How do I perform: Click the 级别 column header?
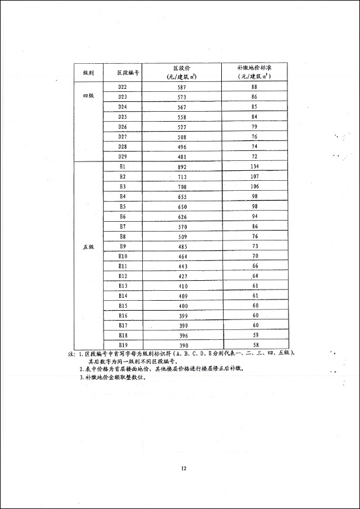(x=88, y=72)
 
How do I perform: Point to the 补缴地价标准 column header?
(x=254, y=72)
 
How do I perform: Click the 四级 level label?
(x=88, y=96)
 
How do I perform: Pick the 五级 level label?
(x=88, y=246)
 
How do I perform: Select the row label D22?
(x=123, y=87)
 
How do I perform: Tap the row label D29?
(x=123, y=156)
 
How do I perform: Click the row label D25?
(x=123, y=116)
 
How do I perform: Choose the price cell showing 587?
(x=181, y=87)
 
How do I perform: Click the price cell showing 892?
(x=181, y=166)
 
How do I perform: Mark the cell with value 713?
(x=181, y=176)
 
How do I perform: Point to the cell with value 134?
(x=254, y=166)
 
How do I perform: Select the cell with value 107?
(x=254, y=176)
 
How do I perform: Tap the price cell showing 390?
(x=181, y=345)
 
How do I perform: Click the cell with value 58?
(x=254, y=345)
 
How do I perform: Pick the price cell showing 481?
(x=181, y=156)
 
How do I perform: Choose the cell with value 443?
(x=181, y=266)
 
